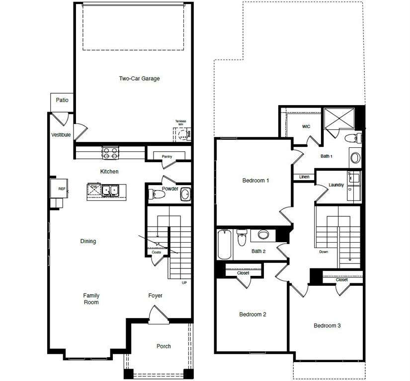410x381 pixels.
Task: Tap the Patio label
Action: tap(62, 100)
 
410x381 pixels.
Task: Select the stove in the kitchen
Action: tap(110, 153)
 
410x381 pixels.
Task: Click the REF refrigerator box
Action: tap(62, 189)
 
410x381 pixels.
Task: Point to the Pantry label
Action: tap(167, 157)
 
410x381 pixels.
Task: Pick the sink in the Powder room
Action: tap(185, 194)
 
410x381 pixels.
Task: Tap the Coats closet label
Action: tap(157, 252)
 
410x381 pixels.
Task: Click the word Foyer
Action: tap(156, 296)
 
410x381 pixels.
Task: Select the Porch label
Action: tap(164, 346)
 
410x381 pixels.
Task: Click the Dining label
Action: tap(88, 242)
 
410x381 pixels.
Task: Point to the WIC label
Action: tap(306, 127)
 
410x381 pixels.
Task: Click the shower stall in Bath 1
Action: tap(340, 119)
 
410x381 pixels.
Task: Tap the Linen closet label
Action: tap(304, 177)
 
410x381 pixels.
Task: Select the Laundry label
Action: tap(336, 185)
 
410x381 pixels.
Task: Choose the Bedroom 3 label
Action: tap(327, 326)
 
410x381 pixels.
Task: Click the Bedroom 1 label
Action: tap(255, 181)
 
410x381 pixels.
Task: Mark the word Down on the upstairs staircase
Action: tap(324, 252)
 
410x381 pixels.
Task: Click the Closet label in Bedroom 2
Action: tap(243, 273)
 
